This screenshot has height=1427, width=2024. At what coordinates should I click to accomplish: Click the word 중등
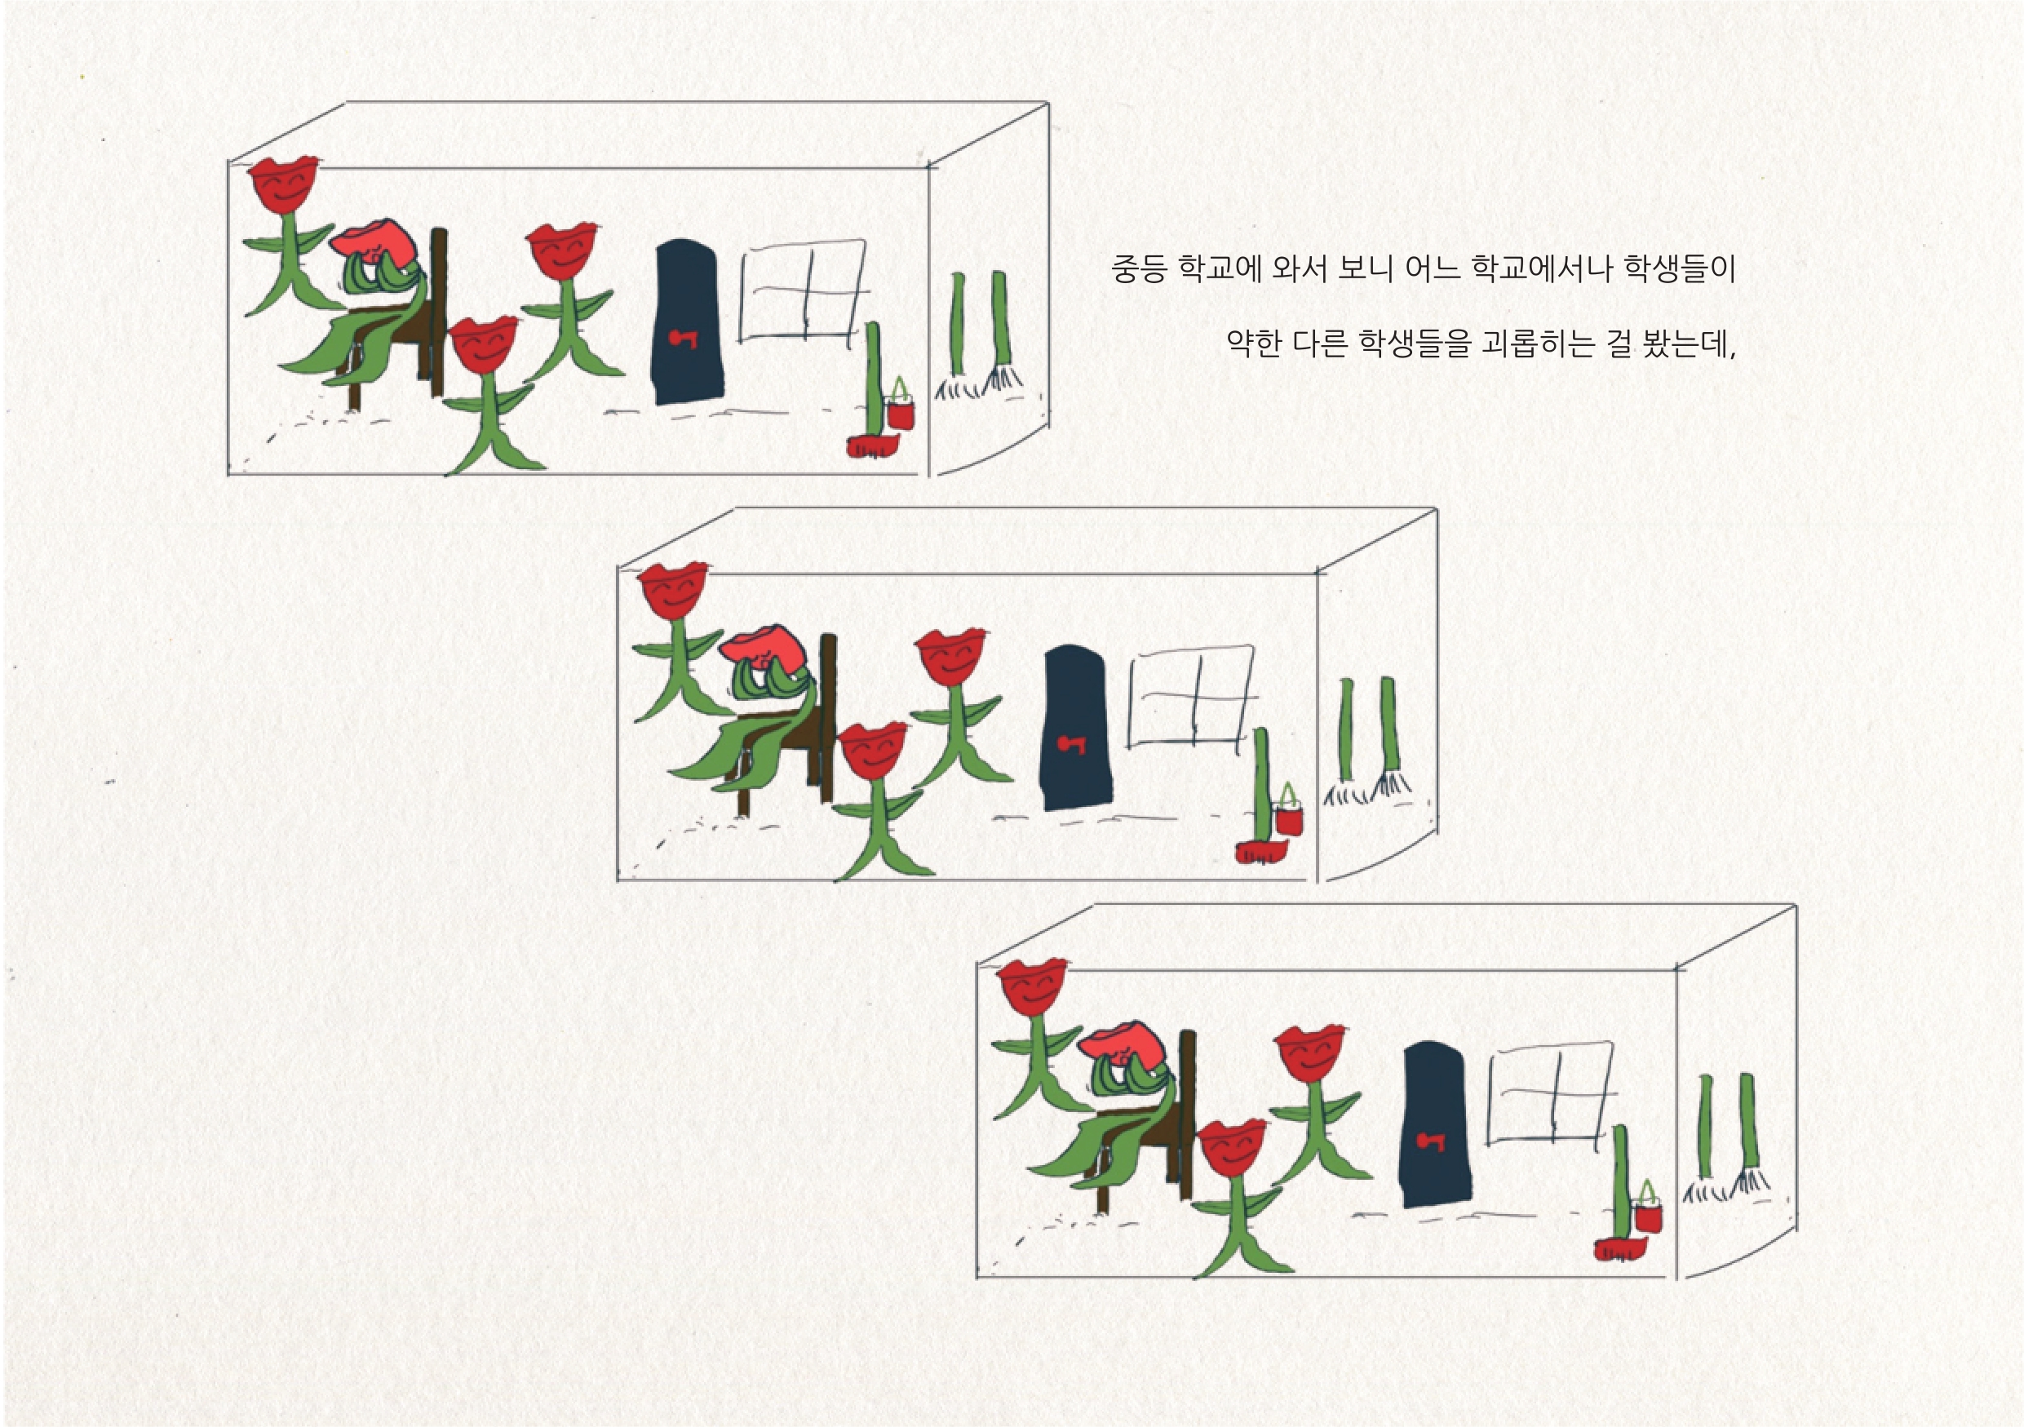tap(1139, 268)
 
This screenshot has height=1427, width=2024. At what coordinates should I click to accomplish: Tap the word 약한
tap(1255, 343)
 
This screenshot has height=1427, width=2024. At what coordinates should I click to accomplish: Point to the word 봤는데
tap(1689, 343)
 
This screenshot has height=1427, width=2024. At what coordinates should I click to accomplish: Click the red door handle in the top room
tap(683, 338)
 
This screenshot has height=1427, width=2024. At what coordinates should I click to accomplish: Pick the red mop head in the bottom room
tap(1620, 1250)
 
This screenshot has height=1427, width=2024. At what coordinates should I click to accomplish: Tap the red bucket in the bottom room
tap(1649, 1212)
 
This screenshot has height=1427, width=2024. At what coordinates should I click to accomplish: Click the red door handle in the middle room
tap(1072, 745)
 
